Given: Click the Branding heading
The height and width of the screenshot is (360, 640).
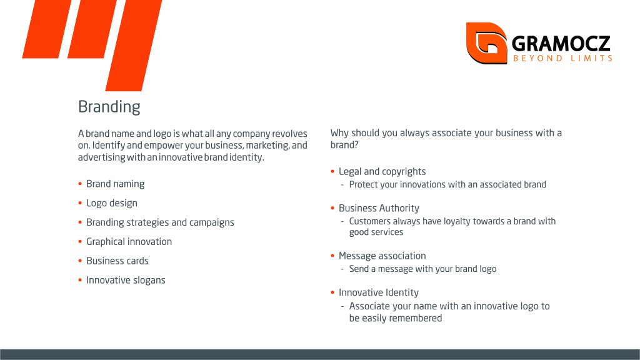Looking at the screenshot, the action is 109,107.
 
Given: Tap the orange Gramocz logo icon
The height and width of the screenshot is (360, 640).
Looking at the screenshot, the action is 486,43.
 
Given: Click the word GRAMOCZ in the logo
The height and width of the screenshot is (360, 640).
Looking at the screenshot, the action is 561,44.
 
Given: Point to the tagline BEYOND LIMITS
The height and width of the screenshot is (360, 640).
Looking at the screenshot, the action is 563,58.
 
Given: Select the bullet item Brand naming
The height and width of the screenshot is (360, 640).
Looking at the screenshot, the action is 115,184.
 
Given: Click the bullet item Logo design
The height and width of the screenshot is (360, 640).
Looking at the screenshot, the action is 111,203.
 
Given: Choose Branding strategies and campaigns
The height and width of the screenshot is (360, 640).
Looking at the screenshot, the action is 160,222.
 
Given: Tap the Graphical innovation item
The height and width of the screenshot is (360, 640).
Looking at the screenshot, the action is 129,242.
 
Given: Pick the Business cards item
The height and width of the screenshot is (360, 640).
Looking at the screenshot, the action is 117,261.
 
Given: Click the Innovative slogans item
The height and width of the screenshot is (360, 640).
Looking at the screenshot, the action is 126,280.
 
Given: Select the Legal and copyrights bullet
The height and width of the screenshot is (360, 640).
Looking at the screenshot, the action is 382,172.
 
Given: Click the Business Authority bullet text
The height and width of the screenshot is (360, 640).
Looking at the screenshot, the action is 379,208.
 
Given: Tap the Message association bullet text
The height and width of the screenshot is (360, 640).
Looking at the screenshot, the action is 382,256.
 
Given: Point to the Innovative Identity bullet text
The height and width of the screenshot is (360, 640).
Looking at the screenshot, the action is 378,292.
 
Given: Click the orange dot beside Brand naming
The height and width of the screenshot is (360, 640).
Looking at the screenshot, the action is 80,184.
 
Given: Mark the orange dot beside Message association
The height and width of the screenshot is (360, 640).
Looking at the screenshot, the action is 332,256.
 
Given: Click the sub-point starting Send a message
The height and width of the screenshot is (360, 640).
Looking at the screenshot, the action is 422,269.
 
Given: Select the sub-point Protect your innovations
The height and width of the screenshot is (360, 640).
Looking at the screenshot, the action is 447,184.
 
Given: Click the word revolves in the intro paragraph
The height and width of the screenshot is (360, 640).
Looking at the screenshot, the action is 289,134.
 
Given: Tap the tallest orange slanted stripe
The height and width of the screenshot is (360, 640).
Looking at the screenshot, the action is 134,45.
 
